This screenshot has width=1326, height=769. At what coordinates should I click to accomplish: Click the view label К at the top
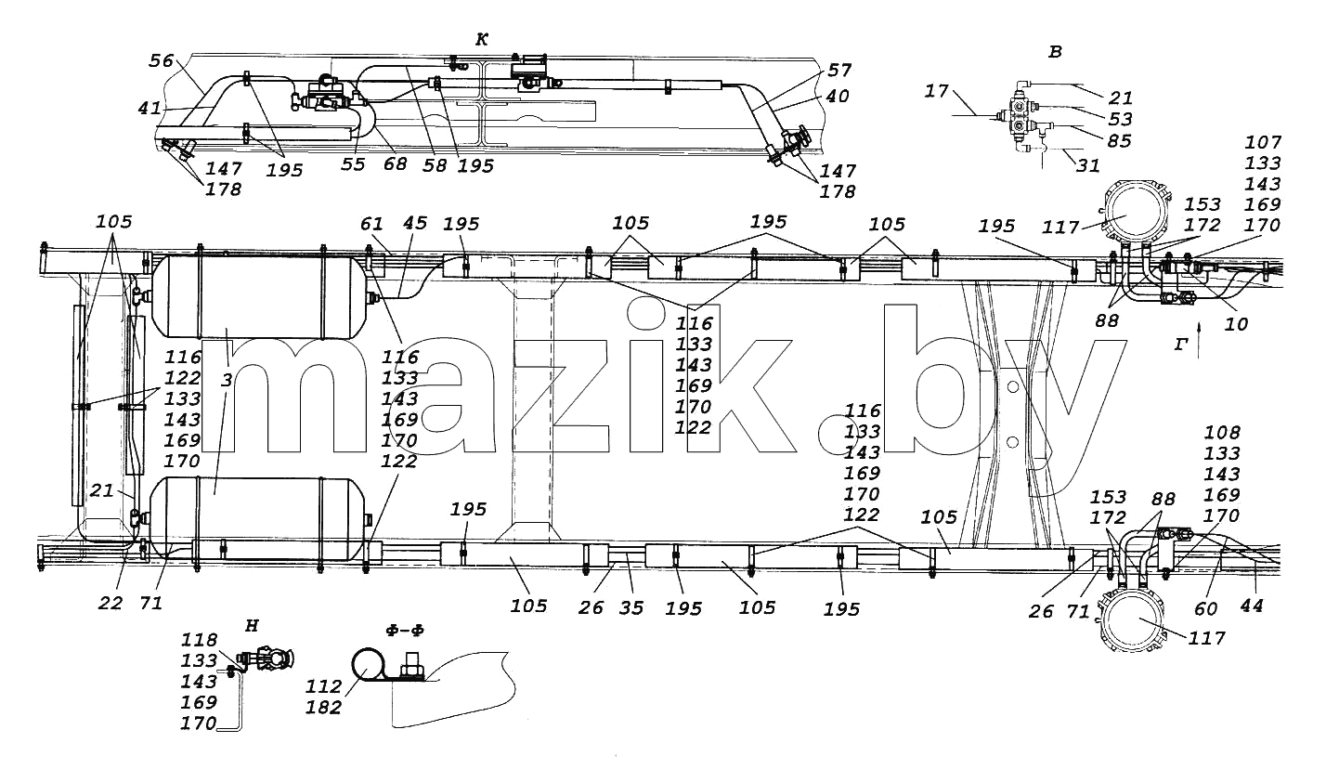(x=482, y=40)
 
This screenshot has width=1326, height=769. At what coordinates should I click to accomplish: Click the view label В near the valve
(x=1055, y=52)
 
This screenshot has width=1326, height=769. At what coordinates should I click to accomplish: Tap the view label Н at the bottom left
(x=252, y=626)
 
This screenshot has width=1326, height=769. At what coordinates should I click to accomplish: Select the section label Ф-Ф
(x=405, y=631)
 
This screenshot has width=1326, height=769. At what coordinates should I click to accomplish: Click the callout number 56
(x=161, y=60)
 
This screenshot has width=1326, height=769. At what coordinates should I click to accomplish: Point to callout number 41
(x=149, y=108)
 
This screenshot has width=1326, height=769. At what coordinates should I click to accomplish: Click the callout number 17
(x=936, y=91)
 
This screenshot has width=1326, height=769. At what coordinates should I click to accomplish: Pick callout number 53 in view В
(x=1120, y=119)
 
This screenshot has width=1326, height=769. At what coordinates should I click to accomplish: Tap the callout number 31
(x=1088, y=165)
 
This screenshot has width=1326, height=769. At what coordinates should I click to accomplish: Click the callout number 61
(x=371, y=224)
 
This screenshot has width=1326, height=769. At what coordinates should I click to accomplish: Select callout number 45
(x=414, y=223)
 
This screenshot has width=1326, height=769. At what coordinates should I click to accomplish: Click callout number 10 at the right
(x=1236, y=324)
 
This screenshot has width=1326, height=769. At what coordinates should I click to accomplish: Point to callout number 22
(x=110, y=604)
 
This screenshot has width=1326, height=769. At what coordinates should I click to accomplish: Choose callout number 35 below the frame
(x=631, y=608)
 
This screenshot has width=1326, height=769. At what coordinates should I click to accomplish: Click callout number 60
(x=1206, y=608)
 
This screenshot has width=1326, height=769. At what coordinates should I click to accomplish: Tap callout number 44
(x=1252, y=605)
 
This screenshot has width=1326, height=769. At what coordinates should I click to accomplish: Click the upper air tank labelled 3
(x=259, y=296)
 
